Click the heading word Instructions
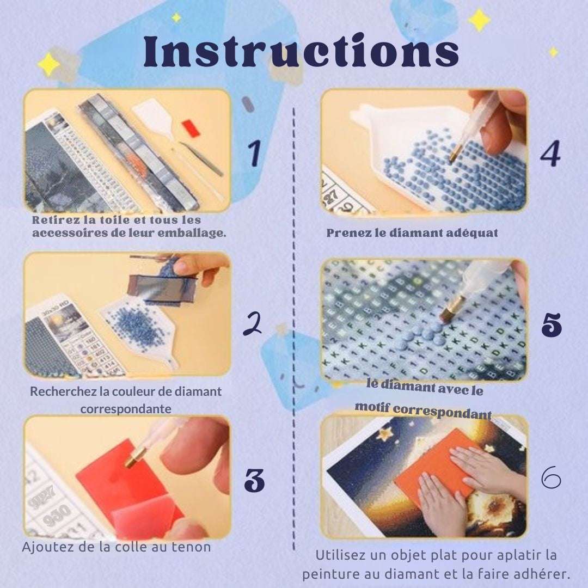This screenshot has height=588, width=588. pyautogui.click(x=301, y=53)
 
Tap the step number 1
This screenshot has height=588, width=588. pyautogui.click(x=254, y=154)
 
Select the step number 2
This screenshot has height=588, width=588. pyautogui.click(x=252, y=323)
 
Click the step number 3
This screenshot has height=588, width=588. pyautogui.click(x=254, y=480)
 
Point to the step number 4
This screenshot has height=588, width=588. pyautogui.click(x=550, y=154)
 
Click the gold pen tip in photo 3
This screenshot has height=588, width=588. pyautogui.click(x=131, y=462)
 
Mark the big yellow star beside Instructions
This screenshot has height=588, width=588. pyautogui.click(x=480, y=20)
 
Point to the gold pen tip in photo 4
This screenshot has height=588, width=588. pyautogui.click(x=454, y=156)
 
